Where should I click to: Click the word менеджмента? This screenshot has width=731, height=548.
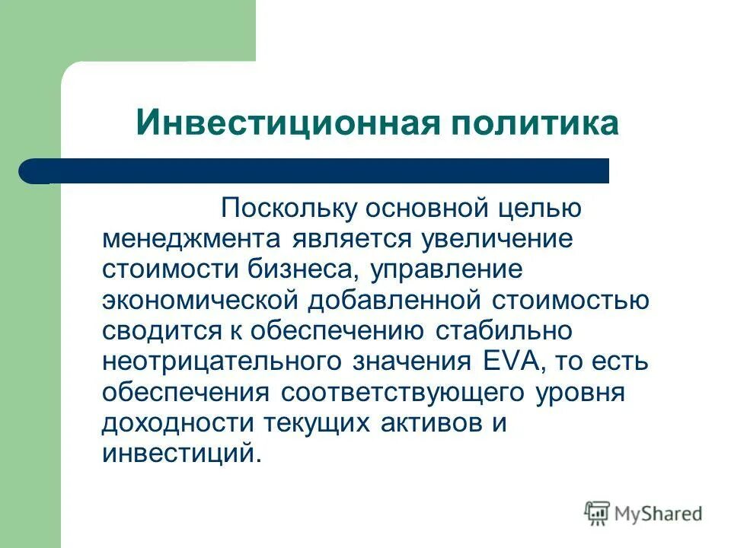(x=190, y=239)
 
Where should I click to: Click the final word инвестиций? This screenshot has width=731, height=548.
(x=180, y=453)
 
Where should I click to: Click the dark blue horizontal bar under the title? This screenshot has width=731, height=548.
(x=320, y=170)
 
